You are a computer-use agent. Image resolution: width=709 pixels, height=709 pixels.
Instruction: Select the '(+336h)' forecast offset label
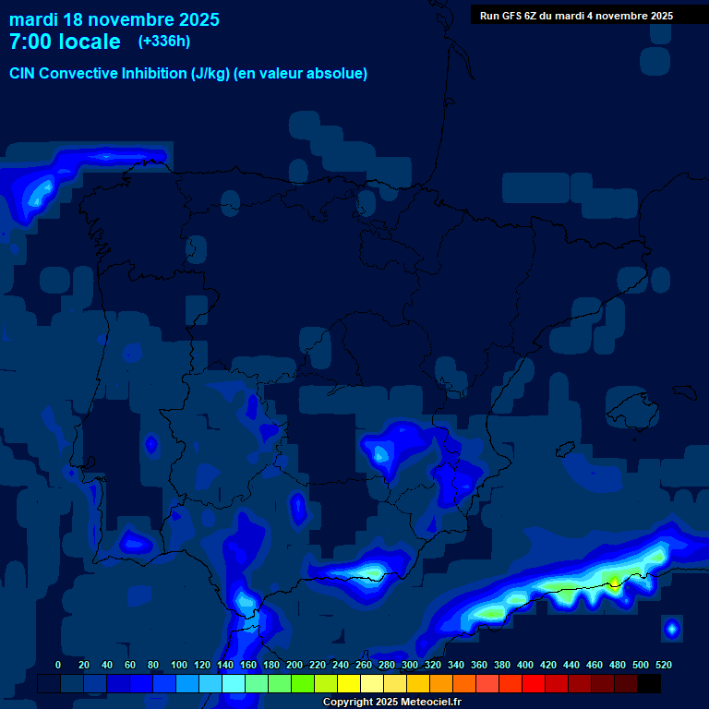pyautogui.click(x=163, y=42)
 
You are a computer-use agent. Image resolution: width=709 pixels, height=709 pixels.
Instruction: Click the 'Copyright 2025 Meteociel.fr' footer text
pyautogui.click(x=391, y=702)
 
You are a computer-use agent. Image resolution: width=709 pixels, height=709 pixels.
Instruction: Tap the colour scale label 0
pyautogui.click(x=58, y=665)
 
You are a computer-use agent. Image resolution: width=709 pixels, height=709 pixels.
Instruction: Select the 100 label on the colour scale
pyautogui.click(x=179, y=665)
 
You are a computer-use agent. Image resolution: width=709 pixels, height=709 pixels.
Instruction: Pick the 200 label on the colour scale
pyautogui.click(x=294, y=665)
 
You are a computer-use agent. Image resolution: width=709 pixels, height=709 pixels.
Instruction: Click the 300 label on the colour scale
pyautogui.click(x=410, y=665)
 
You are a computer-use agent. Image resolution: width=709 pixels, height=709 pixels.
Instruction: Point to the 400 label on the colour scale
pyautogui.click(x=525, y=665)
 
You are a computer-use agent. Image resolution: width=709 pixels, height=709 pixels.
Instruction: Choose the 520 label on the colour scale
pyautogui.click(x=663, y=665)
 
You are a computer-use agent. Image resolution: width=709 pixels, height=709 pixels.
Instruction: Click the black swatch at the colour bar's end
pyautogui.click(x=649, y=684)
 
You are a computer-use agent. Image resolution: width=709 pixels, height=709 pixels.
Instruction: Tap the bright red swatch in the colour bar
pyautogui.click(x=534, y=684)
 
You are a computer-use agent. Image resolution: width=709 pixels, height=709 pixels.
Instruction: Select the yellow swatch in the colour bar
pyautogui.click(x=349, y=684)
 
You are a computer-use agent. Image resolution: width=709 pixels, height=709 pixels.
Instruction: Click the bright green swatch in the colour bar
pyautogui.click(x=303, y=684)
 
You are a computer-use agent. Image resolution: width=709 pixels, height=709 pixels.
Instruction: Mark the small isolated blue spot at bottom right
pyautogui.click(x=671, y=630)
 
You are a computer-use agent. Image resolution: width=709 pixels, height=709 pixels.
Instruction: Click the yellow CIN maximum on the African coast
pyautogui.click(x=614, y=581)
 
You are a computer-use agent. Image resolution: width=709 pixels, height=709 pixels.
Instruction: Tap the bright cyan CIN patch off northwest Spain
pyautogui.click(x=40, y=193)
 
